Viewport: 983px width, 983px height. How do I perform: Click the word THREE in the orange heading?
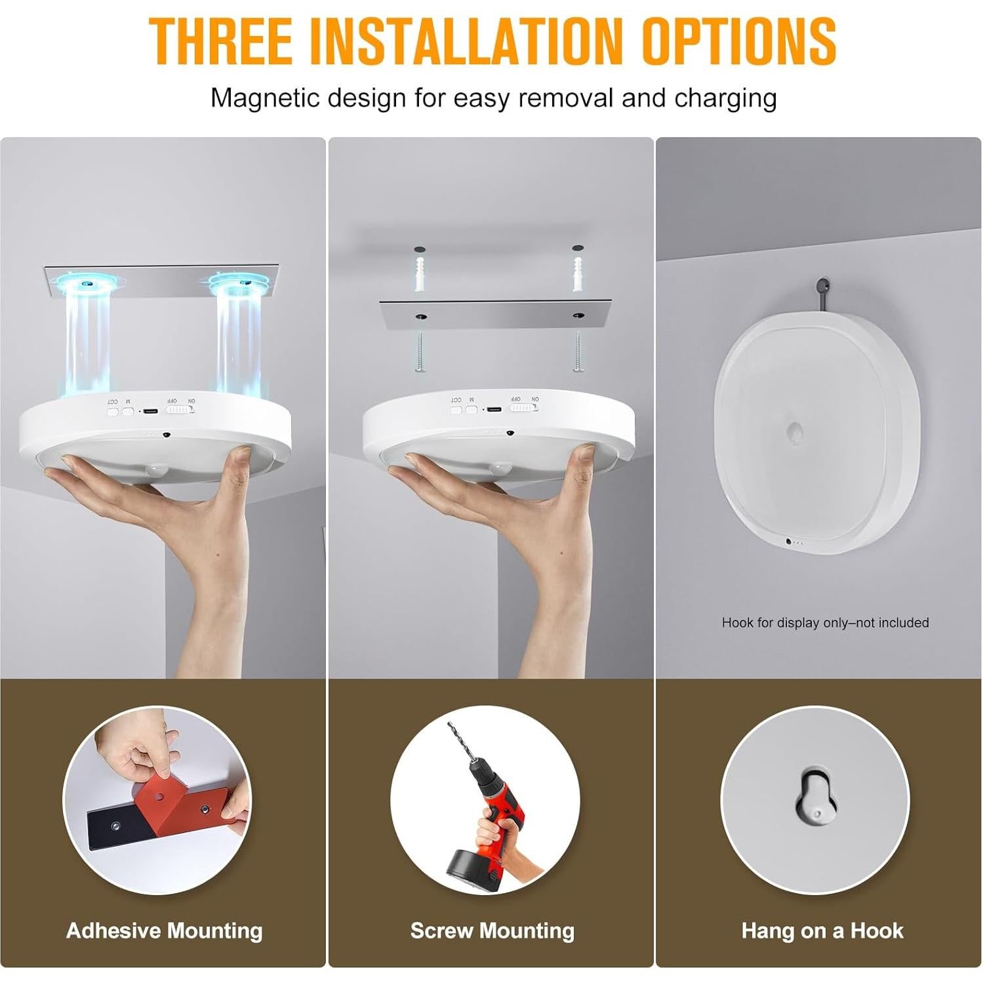(x=220, y=41)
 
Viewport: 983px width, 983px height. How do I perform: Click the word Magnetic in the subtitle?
(x=264, y=98)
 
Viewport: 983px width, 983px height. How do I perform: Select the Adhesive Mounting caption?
(x=164, y=931)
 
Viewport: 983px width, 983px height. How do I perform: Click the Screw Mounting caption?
(x=492, y=931)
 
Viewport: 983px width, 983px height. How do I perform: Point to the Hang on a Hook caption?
(x=822, y=931)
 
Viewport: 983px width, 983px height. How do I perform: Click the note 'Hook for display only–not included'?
(x=824, y=622)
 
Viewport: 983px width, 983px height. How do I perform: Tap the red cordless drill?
(x=492, y=820)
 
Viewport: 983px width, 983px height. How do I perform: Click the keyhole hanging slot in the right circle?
(x=815, y=796)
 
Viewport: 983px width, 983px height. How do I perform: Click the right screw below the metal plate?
(x=578, y=351)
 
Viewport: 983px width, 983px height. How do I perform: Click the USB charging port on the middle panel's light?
(x=494, y=410)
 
